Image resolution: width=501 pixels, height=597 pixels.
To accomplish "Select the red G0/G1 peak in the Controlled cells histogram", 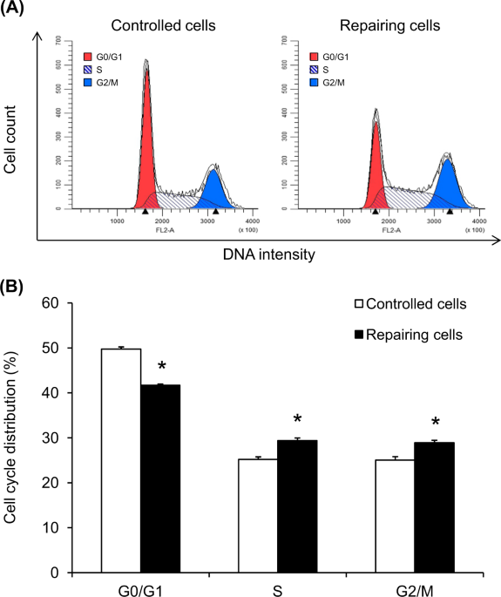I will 146,148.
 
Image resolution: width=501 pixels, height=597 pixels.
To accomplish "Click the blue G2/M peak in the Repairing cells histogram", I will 447,185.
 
